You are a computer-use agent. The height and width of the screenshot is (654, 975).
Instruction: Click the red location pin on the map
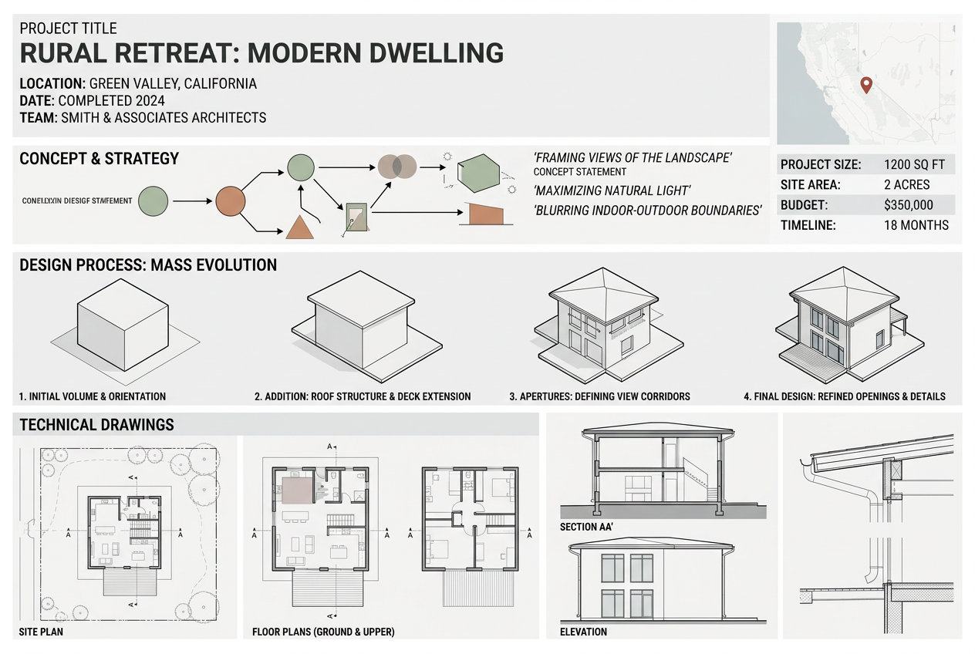click(x=865, y=85)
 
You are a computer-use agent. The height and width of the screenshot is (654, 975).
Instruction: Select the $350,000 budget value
click(x=908, y=205)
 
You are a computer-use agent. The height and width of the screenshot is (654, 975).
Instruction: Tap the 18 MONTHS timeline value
click(x=916, y=226)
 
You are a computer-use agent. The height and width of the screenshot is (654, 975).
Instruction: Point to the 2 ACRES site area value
click(x=906, y=185)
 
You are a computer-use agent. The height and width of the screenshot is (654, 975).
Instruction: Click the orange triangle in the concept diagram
click(x=299, y=226)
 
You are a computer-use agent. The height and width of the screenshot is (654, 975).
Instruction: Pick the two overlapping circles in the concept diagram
click(x=397, y=166)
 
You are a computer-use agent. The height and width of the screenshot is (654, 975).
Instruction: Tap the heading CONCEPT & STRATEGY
click(x=99, y=159)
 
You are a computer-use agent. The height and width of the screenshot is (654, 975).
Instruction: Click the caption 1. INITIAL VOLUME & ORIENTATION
click(x=92, y=396)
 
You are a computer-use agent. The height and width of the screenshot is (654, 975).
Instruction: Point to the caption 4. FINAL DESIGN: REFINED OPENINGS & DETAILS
click(x=844, y=396)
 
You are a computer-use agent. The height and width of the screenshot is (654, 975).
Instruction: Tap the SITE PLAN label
click(x=41, y=632)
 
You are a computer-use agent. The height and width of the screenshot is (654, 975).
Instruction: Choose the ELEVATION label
click(x=583, y=632)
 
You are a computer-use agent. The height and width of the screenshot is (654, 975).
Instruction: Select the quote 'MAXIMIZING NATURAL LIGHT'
click(x=612, y=190)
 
